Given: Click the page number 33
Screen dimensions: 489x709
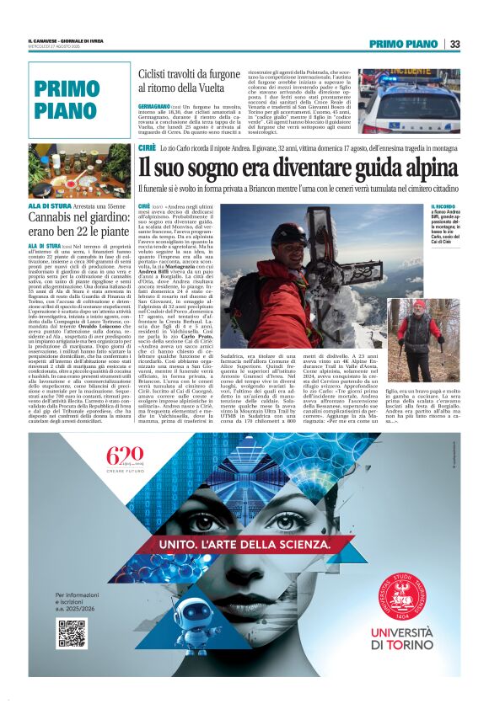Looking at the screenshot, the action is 454,44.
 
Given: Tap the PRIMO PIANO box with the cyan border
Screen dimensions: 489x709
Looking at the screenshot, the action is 79,99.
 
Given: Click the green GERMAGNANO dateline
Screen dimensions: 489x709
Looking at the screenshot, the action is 157,105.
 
